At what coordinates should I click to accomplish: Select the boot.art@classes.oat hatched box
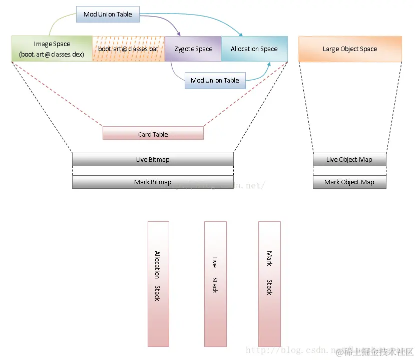tap(128, 49)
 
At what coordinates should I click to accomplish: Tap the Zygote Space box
tap(193, 49)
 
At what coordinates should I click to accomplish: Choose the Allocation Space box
tap(254, 49)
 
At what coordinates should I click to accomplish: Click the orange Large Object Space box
tap(350, 49)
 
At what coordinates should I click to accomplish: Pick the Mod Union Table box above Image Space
tap(108, 14)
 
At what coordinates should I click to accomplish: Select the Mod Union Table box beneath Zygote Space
tap(215, 80)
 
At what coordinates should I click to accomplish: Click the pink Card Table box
tap(153, 134)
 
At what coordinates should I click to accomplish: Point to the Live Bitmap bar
tap(153, 159)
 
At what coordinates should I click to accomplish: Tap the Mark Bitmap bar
tap(153, 182)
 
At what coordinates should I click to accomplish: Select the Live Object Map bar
tap(349, 159)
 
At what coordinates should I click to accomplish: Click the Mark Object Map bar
tap(349, 182)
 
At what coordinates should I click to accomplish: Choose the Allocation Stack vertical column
tap(158, 283)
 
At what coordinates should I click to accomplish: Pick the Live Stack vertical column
tap(216, 283)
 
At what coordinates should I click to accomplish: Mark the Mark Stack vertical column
tap(269, 283)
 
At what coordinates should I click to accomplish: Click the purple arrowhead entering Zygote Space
tap(179, 34)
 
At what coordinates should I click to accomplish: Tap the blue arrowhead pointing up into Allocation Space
tap(270, 65)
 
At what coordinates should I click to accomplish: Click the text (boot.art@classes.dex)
tap(52, 54)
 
